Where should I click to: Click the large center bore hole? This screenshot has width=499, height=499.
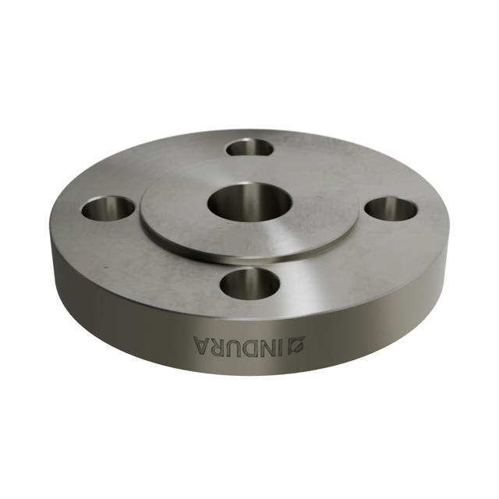[x=249, y=202]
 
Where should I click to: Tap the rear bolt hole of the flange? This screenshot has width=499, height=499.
[x=251, y=147]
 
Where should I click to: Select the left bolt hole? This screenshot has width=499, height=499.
[x=109, y=208]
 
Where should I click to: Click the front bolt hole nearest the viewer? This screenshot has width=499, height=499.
[x=249, y=284]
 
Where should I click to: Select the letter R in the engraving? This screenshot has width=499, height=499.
[x=218, y=345]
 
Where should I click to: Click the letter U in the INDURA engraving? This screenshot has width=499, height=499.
[x=235, y=345]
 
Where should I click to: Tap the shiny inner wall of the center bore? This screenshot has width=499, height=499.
[x=249, y=192]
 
